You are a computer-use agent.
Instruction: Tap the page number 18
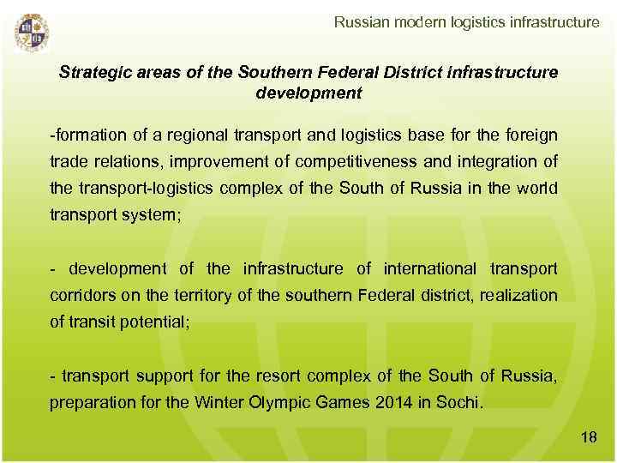[589, 438]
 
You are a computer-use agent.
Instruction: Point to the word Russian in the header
[362, 22]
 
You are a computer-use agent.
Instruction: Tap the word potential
[140, 322]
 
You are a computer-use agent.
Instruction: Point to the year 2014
[395, 403]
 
